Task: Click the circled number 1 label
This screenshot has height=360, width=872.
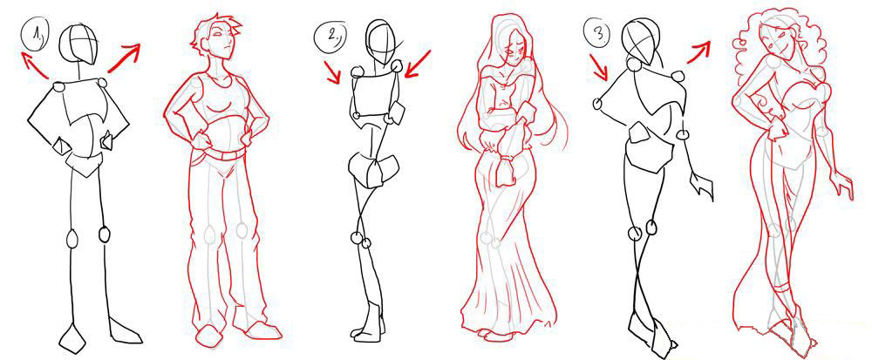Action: pyautogui.click(x=37, y=36)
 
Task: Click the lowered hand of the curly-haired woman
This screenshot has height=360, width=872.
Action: pyautogui.click(x=842, y=182)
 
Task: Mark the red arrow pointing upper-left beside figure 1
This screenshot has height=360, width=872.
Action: pyautogui.click(x=34, y=65)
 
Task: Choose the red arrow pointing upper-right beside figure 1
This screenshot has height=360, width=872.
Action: pyautogui.click(x=125, y=57)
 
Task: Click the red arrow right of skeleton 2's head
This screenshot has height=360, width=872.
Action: pyautogui.click(x=419, y=64)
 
